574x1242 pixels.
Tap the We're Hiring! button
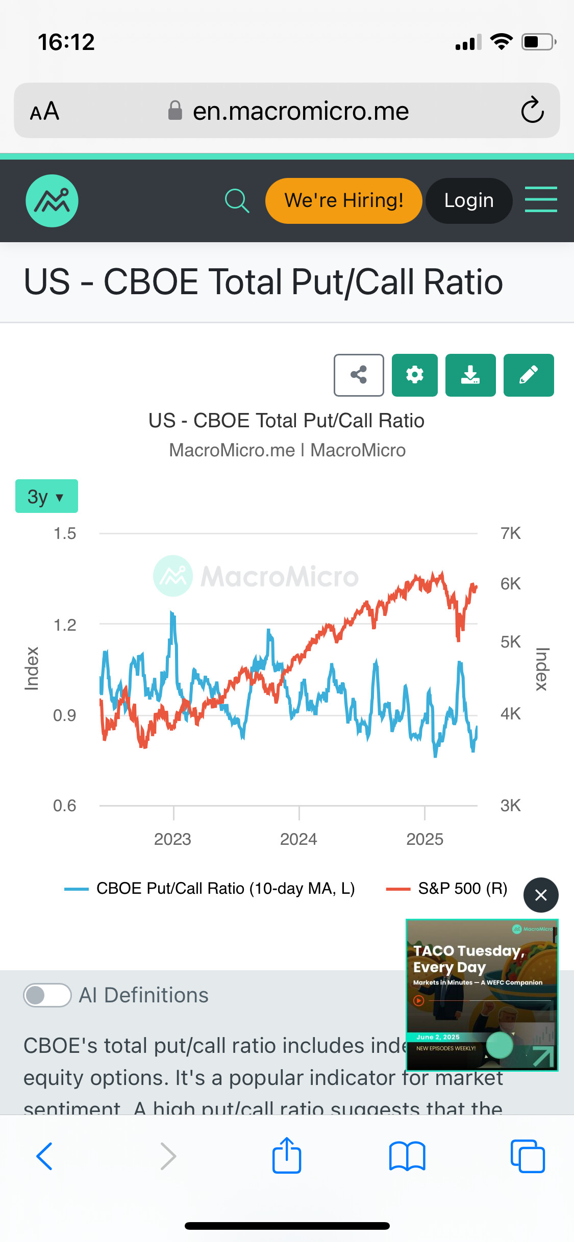coord(343,201)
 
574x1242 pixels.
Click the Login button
coord(469,201)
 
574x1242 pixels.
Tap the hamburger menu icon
coord(541,199)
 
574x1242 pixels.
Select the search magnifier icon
coord(237,201)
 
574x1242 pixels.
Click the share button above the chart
coord(359,375)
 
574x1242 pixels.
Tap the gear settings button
coord(414,375)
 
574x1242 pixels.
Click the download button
coord(470,375)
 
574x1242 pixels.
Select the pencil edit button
coord(528,375)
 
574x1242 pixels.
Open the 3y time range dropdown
coord(46,496)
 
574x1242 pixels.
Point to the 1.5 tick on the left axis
coord(65,534)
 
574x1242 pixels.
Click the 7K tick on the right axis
coord(510,533)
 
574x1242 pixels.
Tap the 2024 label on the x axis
coord(298,839)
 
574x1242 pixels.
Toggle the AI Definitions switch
coord(47,995)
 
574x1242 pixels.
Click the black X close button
coord(541,895)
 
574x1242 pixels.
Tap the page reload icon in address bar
coord(532,110)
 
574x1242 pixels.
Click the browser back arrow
coord(44,1156)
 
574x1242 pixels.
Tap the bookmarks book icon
coord(407,1156)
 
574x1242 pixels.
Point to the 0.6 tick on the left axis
coord(65,806)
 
